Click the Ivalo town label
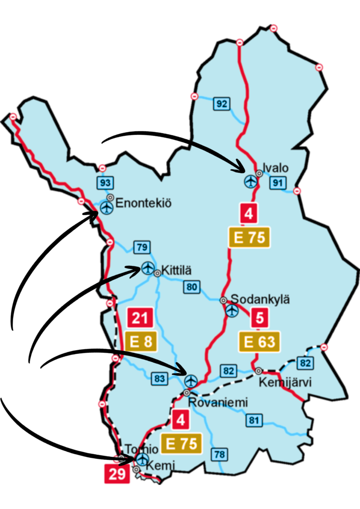(x=276, y=168)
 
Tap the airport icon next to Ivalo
(x=251, y=180)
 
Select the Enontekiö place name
(x=143, y=203)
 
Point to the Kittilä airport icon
(x=148, y=268)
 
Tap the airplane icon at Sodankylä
(x=232, y=310)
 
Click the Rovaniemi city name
(x=217, y=403)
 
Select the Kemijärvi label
(x=285, y=382)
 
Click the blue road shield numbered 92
(x=222, y=104)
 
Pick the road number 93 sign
(x=104, y=182)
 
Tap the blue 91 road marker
(x=277, y=183)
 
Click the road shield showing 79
(x=141, y=247)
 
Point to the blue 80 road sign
(x=191, y=286)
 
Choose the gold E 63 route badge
(x=259, y=342)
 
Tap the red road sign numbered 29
(x=116, y=474)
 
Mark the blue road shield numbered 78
(x=219, y=454)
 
